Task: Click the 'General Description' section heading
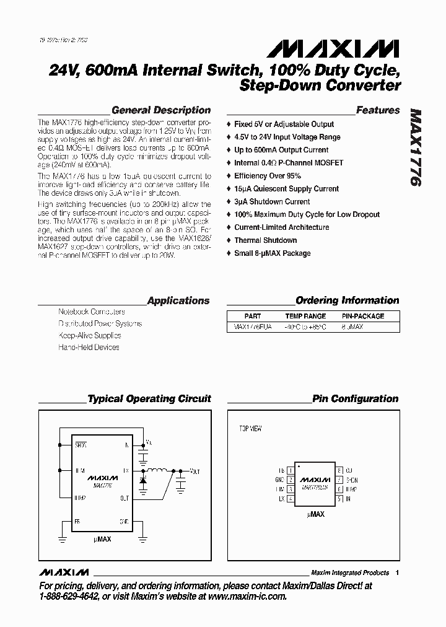click(160, 110)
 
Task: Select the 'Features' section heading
click(378, 110)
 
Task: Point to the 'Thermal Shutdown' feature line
click(265, 240)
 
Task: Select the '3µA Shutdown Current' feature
click(272, 202)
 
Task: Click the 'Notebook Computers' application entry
click(91, 312)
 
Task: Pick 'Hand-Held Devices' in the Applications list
click(89, 348)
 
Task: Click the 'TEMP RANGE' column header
click(305, 316)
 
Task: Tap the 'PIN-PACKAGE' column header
click(363, 316)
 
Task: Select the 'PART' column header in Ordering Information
click(253, 316)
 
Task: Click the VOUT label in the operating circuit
click(195, 471)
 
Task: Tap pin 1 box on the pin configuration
click(291, 470)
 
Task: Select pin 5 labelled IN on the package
click(339, 498)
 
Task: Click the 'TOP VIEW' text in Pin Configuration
click(251, 428)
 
